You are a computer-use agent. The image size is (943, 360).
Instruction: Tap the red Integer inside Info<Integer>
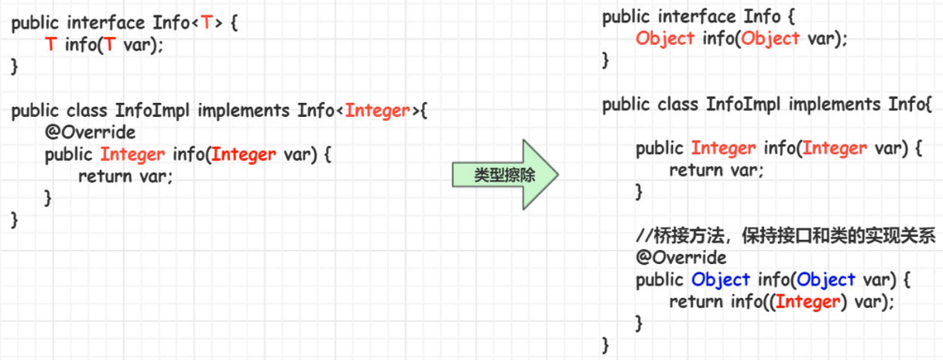click(x=376, y=111)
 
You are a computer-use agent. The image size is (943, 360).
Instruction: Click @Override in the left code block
click(x=90, y=132)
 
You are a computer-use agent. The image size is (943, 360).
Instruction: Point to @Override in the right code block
click(x=681, y=258)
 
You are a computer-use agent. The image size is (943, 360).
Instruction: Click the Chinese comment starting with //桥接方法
click(x=785, y=235)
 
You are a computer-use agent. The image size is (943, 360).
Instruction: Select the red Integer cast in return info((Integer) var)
click(x=807, y=302)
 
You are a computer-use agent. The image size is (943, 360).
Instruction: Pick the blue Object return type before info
click(x=721, y=279)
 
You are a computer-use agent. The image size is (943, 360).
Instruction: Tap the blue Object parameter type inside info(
click(x=826, y=279)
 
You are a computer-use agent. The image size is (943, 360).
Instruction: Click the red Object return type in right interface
click(x=665, y=39)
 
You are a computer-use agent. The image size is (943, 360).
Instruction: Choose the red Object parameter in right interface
click(x=770, y=39)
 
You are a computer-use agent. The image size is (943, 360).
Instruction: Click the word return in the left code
click(x=105, y=176)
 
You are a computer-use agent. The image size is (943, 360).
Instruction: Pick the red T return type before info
click(x=50, y=45)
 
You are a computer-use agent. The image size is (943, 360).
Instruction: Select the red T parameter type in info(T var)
click(x=110, y=45)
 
